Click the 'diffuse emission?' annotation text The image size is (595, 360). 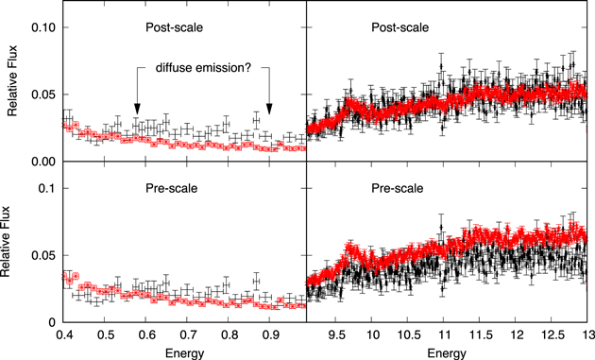[203, 68]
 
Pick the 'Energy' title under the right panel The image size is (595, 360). [445, 352]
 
